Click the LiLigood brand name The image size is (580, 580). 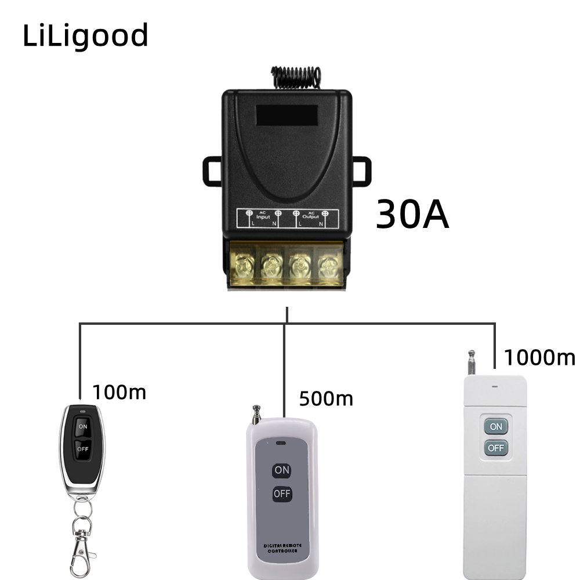click(86, 36)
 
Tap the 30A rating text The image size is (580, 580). click(412, 215)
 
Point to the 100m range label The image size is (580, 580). click(119, 393)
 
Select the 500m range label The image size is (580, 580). click(326, 398)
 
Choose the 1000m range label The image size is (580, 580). click(539, 357)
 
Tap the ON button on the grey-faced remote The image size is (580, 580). click(282, 470)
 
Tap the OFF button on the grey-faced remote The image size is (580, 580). click(282, 494)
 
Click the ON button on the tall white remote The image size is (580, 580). click(496, 426)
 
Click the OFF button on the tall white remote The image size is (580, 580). click(496, 448)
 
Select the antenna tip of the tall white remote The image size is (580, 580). click(472, 353)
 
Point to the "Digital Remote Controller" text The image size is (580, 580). click(281, 548)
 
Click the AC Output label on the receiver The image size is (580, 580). click(311, 215)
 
